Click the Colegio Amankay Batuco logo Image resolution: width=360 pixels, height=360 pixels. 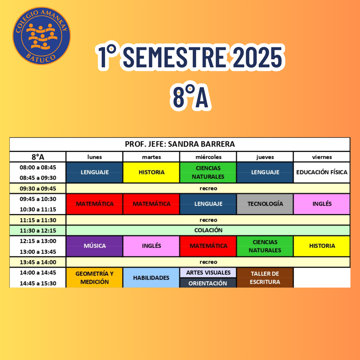[41, 36]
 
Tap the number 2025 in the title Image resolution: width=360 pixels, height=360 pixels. [259, 57]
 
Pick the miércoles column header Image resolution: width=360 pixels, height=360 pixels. [208, 157]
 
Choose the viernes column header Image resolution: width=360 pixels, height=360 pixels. [322, 157]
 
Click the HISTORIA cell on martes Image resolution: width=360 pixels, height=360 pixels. [151, 172]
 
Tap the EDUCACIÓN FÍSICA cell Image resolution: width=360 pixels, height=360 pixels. [322, 172]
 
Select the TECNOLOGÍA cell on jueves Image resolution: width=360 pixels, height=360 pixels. [265, 204]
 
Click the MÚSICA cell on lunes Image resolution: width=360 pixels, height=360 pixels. [94, 246]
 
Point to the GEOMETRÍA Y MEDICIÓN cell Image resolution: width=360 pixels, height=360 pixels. [94, 278]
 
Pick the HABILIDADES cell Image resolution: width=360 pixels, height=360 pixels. [151, 278]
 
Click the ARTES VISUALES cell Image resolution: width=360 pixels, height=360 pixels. [208, 273]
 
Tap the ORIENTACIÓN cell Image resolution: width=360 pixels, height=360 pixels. [208, 283]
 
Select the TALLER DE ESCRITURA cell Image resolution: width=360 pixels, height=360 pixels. [265, 278]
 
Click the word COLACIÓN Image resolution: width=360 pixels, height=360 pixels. [208, 230]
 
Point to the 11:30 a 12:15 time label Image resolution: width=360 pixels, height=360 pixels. [38, 231]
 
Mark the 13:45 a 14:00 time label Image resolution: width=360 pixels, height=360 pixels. [38, 262]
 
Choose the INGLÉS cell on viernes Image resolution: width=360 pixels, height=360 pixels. [322, 204]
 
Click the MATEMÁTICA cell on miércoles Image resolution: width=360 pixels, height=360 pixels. [208, 246]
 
